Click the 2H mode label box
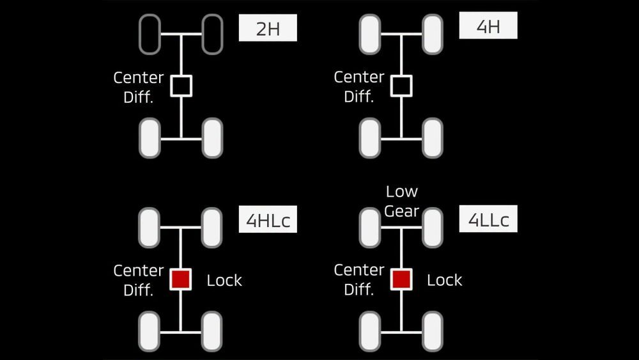click(268, 27)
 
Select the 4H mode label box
click(488, 26)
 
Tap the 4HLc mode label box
click(268, 219)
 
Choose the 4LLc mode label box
click(488, 219)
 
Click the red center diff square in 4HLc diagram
click(181, 279)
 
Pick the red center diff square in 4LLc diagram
click(401, 279)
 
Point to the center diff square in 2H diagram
click(181, 86)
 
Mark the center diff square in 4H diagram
click(401, 86)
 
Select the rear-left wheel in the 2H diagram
click(150, 138)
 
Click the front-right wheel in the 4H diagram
click(433, 35)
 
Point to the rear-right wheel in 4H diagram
click(433, 138)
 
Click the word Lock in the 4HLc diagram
click(224, 280)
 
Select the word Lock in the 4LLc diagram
click(445, 280)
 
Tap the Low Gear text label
click(401, 201)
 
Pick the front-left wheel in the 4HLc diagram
click(149, 228)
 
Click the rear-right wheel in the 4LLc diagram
click(433, 331)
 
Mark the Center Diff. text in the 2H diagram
click(139, 87)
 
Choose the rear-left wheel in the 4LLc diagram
click(369, 331)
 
